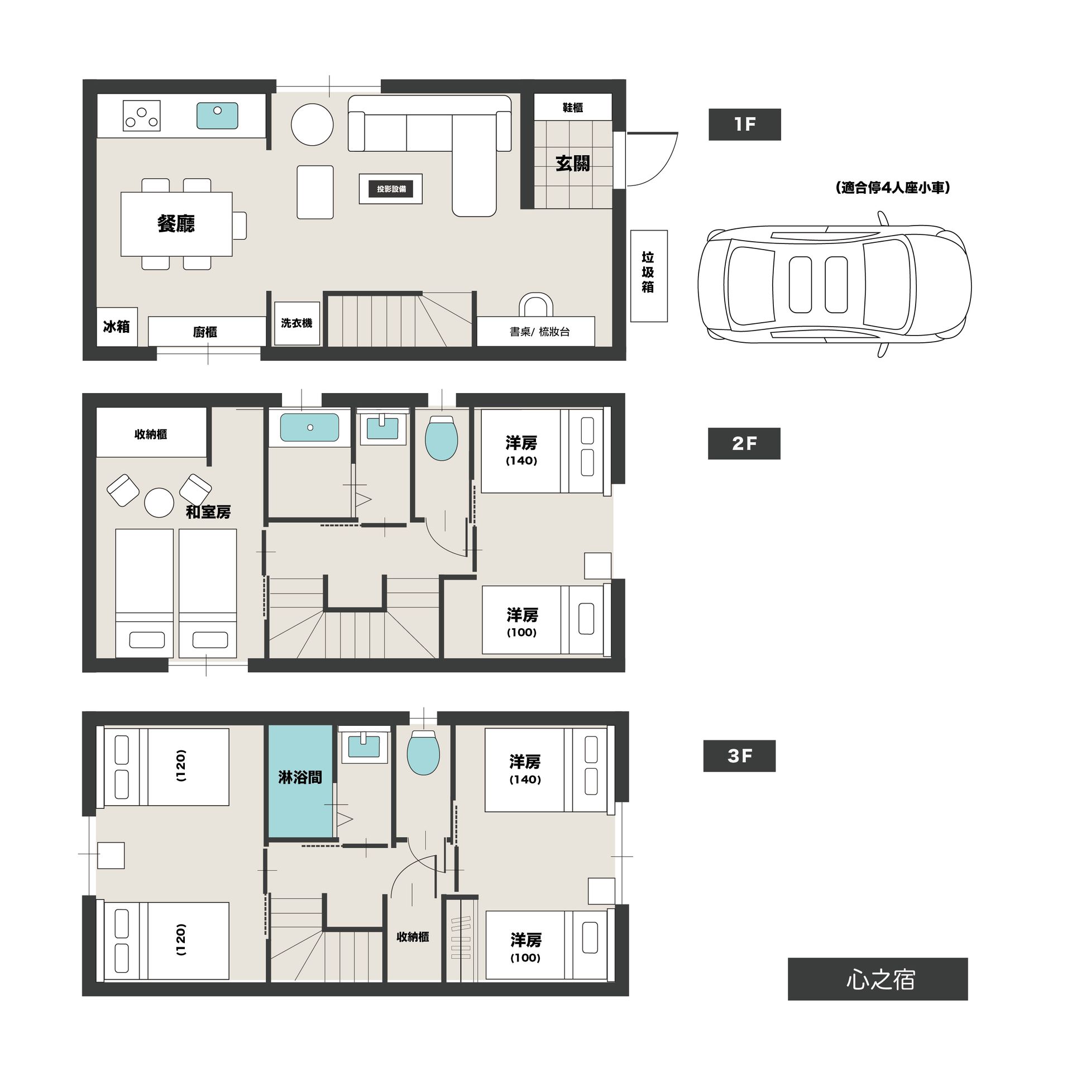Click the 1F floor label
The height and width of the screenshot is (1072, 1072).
(x=744, y=124)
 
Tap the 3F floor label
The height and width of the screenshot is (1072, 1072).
(x=739, y=756)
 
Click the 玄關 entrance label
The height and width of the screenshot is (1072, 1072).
(x=572, y=164)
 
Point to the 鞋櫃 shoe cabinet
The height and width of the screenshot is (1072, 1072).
(x=573, y=107)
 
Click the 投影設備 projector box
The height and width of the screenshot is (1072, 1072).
(x=391, y=189)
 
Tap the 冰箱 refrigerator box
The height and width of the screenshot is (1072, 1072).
(x=117, y=327)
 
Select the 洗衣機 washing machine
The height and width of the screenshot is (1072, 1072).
(x=297, y=323)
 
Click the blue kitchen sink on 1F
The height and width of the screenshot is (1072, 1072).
(x=217, y=116)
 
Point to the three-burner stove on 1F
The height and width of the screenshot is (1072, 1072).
(x=142, y=116)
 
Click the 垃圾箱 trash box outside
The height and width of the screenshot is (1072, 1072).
(x=649, y=276)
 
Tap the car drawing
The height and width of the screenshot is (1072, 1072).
(x=835, y=284)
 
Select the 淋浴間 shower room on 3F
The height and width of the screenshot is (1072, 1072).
(x=300, y=782)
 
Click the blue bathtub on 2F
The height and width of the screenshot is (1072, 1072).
(x=310, y=427)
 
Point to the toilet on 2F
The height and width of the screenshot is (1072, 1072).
(x=442, y=438)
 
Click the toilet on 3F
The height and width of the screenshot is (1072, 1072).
(x=424, y=752)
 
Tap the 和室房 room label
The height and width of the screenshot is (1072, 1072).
(x=208, y=512)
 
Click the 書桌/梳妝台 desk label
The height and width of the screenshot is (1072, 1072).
(x=539, y=332)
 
